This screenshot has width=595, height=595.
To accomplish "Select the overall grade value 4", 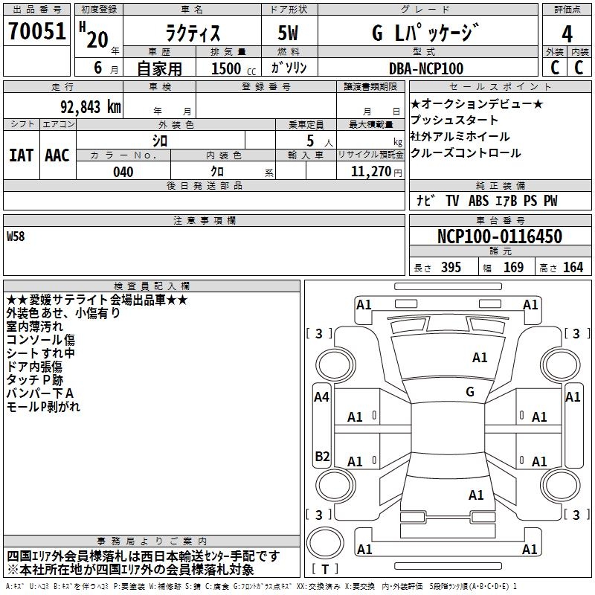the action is (567, 33).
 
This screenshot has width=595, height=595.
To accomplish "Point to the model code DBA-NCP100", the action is (426, 68).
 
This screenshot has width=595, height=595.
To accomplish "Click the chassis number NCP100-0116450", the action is (499, 237).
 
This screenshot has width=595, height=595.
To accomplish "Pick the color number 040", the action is (123, 172).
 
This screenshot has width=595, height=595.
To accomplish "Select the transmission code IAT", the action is (21, 155).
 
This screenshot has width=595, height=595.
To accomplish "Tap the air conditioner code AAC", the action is (57, 155).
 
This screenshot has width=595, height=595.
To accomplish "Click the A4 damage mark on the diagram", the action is (321, 397).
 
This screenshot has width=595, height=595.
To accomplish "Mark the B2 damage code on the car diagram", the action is (321, 456).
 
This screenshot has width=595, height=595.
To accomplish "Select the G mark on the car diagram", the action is (470, 392).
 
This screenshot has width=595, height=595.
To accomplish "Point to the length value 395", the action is (451, 268).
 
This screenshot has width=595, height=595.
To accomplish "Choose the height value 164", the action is (573, 268).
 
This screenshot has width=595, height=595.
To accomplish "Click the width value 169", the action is (513, 268).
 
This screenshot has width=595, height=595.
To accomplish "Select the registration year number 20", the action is (97, 39).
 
